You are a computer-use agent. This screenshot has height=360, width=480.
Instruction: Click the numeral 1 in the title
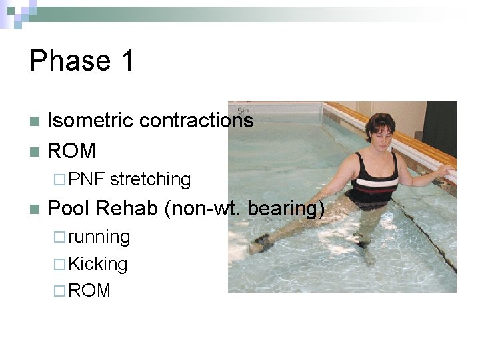pyautogui.click(x=126, y=61)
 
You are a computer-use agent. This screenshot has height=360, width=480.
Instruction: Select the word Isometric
pyautogui.click(x=91, y=121)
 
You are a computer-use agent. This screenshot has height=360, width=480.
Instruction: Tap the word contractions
pyautogui.click(x=196, y=121)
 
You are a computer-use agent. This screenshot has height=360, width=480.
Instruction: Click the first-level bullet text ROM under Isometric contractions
pyautogui.click(x=72, y=151)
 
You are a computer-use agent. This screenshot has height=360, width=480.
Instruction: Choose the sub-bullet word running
pyautogui.click(x=99, y=237)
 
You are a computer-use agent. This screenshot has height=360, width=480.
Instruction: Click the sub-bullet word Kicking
pyautogui.click(x=98, y=264)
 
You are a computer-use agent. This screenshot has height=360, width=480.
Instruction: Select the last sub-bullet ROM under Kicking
pyautogui.click(x=89, y=291)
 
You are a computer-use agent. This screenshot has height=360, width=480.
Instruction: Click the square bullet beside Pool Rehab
pyautogui.click(x=35, y=209)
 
